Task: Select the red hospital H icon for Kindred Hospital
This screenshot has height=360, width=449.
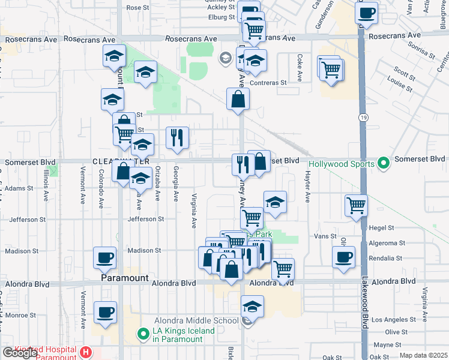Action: [86, 353]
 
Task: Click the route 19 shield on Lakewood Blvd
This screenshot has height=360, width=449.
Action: [364, 115]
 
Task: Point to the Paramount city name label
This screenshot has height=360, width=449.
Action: [124, 278]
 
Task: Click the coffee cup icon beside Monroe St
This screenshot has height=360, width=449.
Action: [106, 313]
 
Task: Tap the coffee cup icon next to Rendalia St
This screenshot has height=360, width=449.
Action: [344, 257]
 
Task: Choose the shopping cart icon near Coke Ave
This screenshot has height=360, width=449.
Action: [331, 69]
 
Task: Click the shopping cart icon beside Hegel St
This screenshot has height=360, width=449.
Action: [357, 205]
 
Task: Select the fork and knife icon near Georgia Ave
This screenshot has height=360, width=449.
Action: [177, 137]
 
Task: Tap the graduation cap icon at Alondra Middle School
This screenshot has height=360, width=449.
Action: [253, 307]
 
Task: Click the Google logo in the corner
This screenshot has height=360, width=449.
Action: [20, 353]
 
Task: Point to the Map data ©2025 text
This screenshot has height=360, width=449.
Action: [424, 356]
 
